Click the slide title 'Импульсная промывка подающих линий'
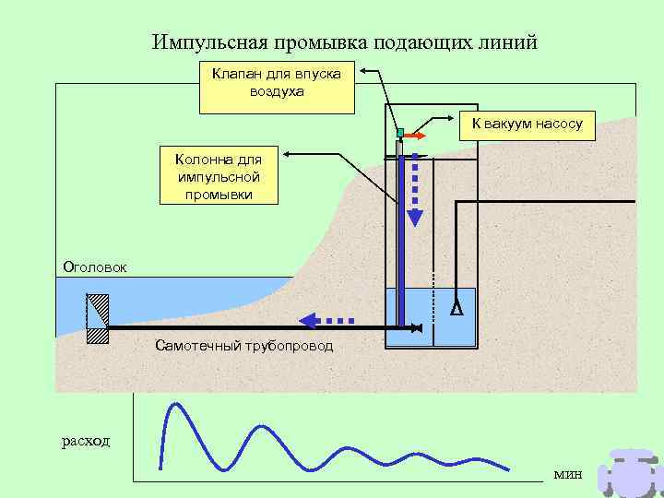pyautogui.click(x=344, y=43)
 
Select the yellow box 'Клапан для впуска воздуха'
pyautogui.click(x=277, y=87)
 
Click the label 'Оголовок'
pyautogui.click(x=94, y=267)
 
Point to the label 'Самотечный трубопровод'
pyautogui.click(x=244, y=347)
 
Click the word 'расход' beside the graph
pyautogui.click(x=85, y=441)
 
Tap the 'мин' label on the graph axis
pyautogui.click(x=568, y=473)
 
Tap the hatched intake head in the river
pyautogui.click(x=97, y=318)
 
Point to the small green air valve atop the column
pyautogui.click(x=400, y=133)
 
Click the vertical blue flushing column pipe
pyautogui.click(x=401, y=240)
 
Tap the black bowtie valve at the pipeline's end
pyautogui.click(x=417, y=327)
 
